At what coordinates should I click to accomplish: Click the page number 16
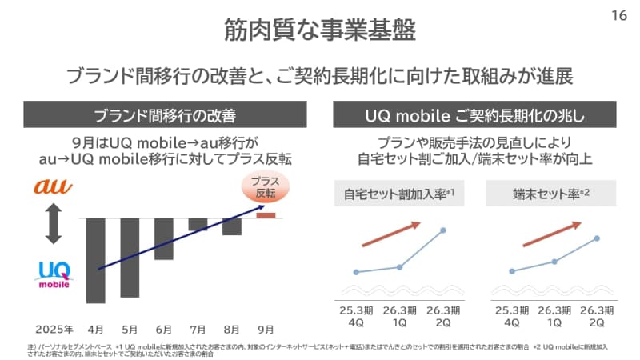(x=619, y=14)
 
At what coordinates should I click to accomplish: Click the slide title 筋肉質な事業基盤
(x=319, y=30)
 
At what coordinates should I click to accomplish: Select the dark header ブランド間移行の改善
(x=164, y=115)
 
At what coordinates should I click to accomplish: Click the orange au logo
(x=53, y=187)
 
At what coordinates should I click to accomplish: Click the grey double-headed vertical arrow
(x=54, y=223)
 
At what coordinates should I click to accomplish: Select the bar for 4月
(x=96, y=260)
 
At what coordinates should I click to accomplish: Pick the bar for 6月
(x=164, y=238)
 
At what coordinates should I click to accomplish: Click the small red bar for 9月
(x=266, y=214)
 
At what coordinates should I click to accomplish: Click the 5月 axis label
(x=130, y=329)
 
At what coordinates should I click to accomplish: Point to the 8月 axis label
(x=232, y=329)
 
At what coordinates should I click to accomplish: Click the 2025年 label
(x=54, y=329)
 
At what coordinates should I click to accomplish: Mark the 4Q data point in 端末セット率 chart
(x=511, y=271)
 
